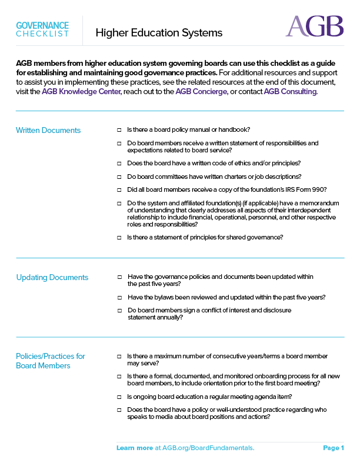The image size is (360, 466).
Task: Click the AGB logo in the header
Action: (x=314, y=26)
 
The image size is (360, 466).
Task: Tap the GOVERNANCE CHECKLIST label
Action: (x=42, y=29)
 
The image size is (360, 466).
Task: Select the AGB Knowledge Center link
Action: (x=82, y=92)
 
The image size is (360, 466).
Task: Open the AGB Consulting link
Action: (x=291, y=92)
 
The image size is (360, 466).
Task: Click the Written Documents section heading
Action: (x=48, y=130)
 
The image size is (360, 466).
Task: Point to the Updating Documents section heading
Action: (x=52, y=277)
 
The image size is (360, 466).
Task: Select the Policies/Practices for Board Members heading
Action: (x=51, y=361)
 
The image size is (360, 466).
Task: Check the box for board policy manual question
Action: (x=119, y=129)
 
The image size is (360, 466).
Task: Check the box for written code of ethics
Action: (x=119, y=163)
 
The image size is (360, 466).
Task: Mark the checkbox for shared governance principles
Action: (x=119, y=237)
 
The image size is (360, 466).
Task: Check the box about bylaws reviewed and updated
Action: (x=119, y=297)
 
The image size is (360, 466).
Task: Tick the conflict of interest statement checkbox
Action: (x=119, y=310)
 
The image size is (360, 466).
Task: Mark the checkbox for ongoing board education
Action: (x=119, y=397)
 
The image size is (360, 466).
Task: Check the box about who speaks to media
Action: (x=119, y=410)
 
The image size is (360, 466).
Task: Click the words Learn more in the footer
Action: (x=135, y=448)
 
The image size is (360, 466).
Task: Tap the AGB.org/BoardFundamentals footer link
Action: (x=205, y=448)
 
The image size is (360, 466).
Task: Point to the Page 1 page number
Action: (x=334, y=448)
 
